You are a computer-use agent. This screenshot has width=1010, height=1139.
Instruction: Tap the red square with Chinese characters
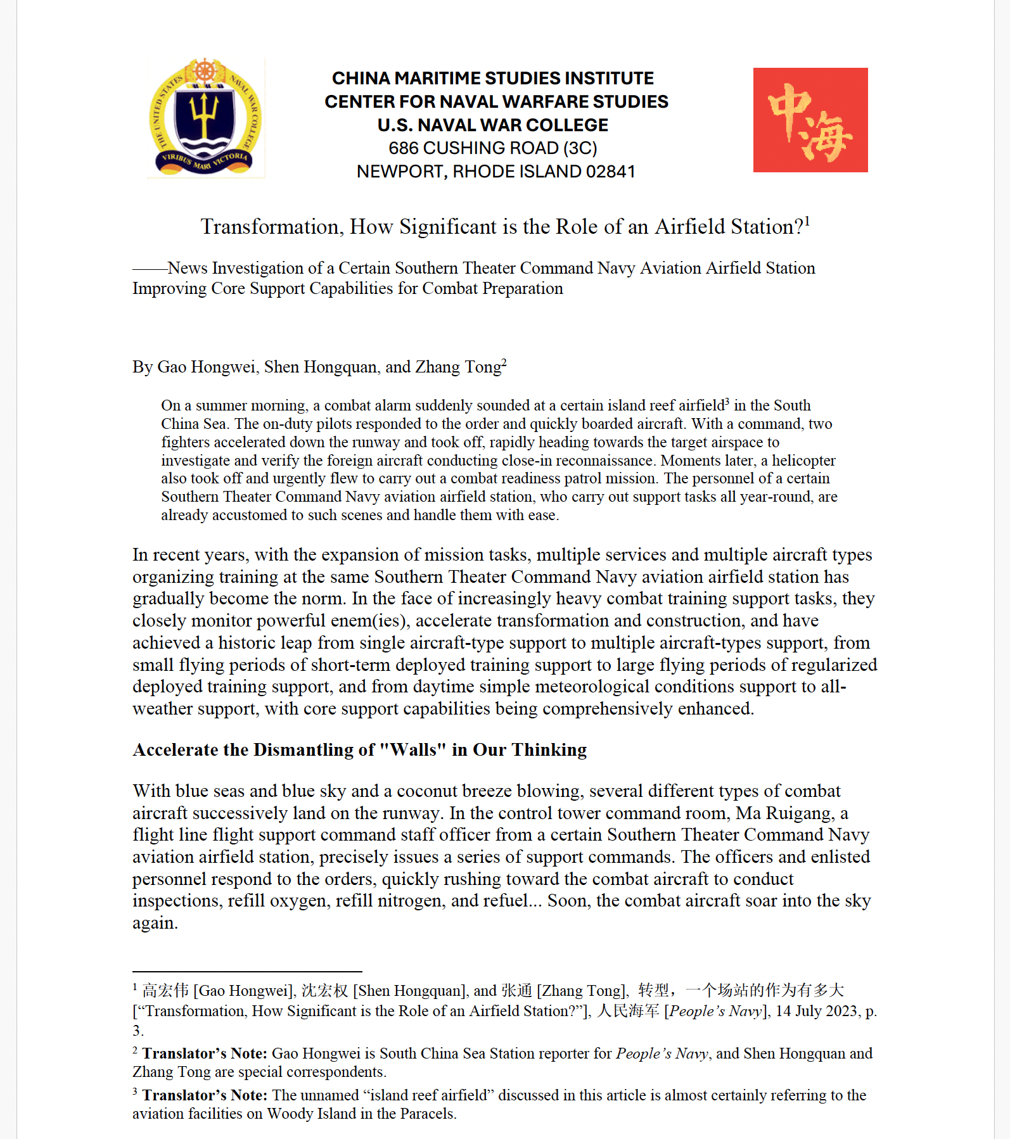click(810, 120)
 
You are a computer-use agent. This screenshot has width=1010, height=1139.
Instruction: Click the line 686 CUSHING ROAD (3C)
click(492, 148)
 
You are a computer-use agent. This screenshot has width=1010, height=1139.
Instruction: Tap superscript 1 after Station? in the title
click(807, 221)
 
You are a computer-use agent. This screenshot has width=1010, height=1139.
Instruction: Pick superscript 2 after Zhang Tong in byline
click(504, 362)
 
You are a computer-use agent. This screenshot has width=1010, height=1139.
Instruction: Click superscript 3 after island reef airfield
click(727, 401)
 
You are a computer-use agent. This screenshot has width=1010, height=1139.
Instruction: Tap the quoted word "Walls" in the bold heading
click(412, 750)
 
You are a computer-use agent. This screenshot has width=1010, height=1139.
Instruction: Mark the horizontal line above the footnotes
click(247, 971)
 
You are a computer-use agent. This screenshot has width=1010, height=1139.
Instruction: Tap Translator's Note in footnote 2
click(204, 1053)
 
